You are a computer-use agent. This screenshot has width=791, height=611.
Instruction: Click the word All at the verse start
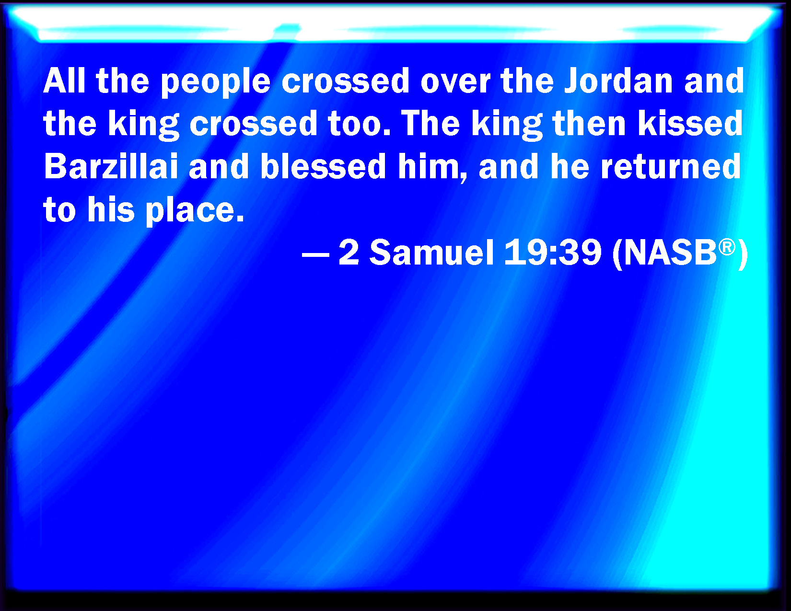point(64,81)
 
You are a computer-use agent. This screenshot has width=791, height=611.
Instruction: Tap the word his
point(111,209)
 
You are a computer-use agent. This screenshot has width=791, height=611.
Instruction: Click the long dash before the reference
point(315,255)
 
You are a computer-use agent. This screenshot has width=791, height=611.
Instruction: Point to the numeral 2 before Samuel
point(349,252)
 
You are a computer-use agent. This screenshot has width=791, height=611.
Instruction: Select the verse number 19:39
point(553,252)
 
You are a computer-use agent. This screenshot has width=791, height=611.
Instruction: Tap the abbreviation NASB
point(670,253)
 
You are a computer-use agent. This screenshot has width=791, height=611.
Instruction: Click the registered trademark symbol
point(727,247)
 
